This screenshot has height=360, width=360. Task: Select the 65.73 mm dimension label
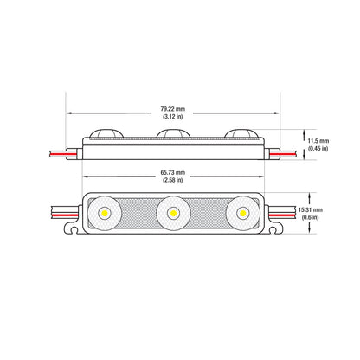tap(176, 172)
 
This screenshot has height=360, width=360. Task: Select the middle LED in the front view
tap(173, 212)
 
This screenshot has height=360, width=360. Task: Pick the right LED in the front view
tap(242, 212)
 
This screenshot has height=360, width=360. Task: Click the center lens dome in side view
tap(173, 134)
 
